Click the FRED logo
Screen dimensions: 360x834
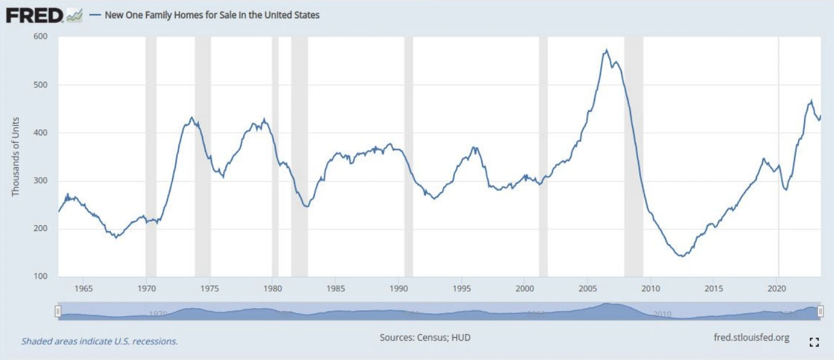34,15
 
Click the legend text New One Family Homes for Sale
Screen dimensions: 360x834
212,15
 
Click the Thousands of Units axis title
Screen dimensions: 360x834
16,156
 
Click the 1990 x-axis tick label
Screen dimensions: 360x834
398,289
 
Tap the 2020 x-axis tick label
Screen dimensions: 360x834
777,289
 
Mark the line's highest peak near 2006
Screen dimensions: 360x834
606,51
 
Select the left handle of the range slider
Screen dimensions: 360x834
58,311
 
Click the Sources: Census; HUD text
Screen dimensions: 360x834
425,338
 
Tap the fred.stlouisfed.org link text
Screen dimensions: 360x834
750,338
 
